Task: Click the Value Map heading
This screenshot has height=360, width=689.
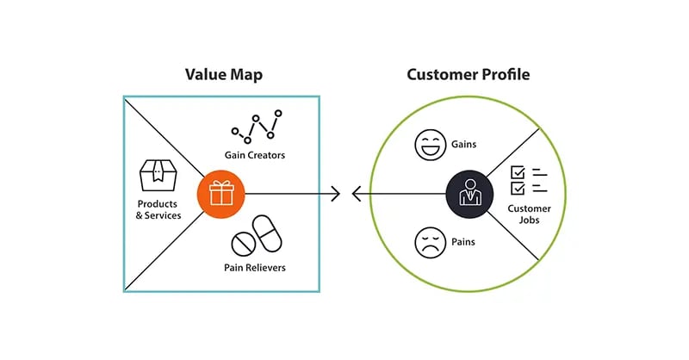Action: click(x=223, y=75)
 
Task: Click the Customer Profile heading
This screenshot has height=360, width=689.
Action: click(x=468, y=75)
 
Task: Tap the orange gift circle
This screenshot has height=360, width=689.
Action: click(x=221, y=194)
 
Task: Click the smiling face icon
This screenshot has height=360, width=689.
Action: click(x=428, y=144)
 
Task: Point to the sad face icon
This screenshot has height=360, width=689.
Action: click(x=428, y=242)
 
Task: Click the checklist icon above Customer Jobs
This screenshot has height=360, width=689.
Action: click(x=529, y=180)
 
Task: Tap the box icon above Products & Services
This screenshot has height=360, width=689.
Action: click(x=158, y=177)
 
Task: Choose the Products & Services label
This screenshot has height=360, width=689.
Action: click(x=158, y=208)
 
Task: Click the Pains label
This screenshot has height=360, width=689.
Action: click(x=463, y=242)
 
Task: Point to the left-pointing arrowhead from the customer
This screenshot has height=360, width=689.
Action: click(x=357, y=194)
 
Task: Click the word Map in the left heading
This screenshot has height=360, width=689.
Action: click(x=245, y=75)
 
